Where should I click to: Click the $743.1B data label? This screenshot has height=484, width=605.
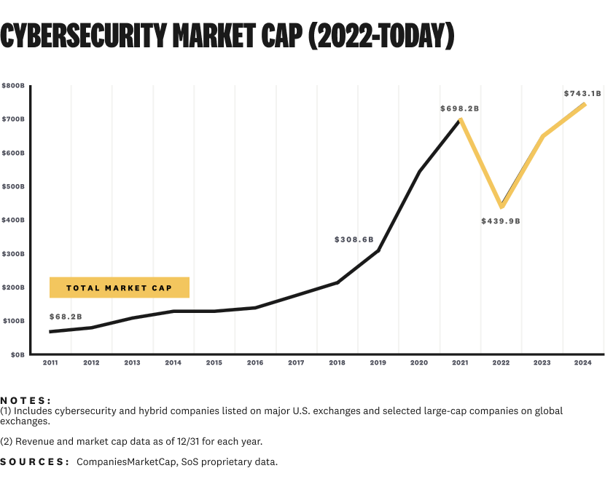point(582,93)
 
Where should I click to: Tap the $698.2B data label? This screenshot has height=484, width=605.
point(459,108)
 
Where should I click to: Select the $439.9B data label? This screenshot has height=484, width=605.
point(501,221)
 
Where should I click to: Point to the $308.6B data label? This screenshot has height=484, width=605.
point(354,239)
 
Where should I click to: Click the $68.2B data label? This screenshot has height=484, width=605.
point(66,317)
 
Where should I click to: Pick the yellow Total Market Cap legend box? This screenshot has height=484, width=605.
point(120,287)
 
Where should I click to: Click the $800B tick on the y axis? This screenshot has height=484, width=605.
point(13,85)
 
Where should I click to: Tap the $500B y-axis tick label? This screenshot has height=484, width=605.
point(13,186)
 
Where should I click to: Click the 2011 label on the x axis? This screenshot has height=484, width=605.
point(50,362)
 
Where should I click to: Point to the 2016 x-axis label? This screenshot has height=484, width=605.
point(255,362)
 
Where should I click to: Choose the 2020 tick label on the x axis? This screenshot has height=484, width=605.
point(419,362)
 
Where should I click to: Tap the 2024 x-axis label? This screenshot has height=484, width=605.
point(583,362)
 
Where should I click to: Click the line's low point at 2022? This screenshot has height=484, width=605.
point(501,207)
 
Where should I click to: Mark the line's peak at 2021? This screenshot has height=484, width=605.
point(460,119)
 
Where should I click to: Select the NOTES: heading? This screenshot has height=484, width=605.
point(26,400)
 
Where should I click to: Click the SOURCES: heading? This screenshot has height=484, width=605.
point(34,462)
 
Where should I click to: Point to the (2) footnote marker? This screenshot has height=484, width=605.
point(6,442)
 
